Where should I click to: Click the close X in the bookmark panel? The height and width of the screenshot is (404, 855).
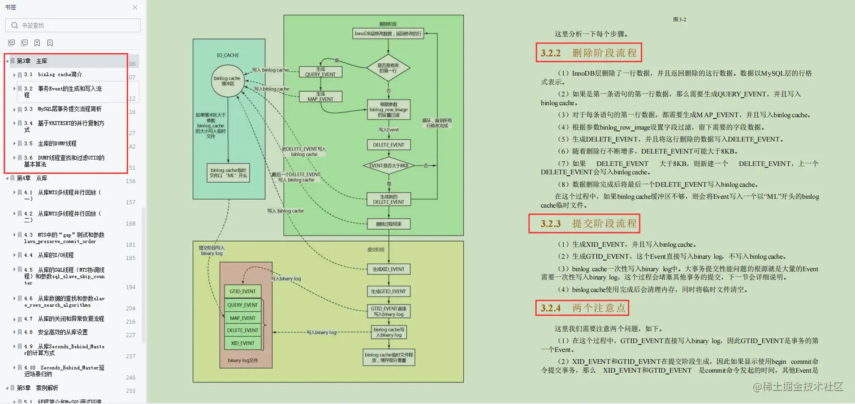(x=135, y=8)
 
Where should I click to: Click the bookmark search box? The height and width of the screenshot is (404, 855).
(x=73, y=25)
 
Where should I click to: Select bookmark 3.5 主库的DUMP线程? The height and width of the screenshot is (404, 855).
(x=57, y=144)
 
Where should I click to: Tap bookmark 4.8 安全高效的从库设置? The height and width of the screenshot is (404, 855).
(x=63, y=332)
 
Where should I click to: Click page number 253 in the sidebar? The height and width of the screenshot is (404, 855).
(x=131, y=391)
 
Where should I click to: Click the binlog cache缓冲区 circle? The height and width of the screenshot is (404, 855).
(x=227, y=81)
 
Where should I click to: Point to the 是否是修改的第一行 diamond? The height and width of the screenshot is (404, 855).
(x=388, y=68)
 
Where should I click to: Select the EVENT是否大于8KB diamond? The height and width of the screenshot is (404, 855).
(x=388, y=166)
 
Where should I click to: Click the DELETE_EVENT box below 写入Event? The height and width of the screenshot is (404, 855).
(x=388, y=144)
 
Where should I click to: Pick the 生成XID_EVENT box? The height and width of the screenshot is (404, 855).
(x=388, y=269)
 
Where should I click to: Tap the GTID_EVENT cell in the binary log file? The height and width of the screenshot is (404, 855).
(x=243, y=291)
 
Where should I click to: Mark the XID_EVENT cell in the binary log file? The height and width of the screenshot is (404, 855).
(x=243, y=343)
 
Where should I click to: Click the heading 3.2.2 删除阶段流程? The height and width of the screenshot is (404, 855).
(x=589, y=53)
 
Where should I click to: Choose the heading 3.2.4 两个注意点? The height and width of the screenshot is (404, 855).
(x=582, y=308)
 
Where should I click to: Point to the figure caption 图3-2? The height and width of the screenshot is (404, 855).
(x=679, y=19)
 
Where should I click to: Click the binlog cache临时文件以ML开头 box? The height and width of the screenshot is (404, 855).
(x=229, y=173)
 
